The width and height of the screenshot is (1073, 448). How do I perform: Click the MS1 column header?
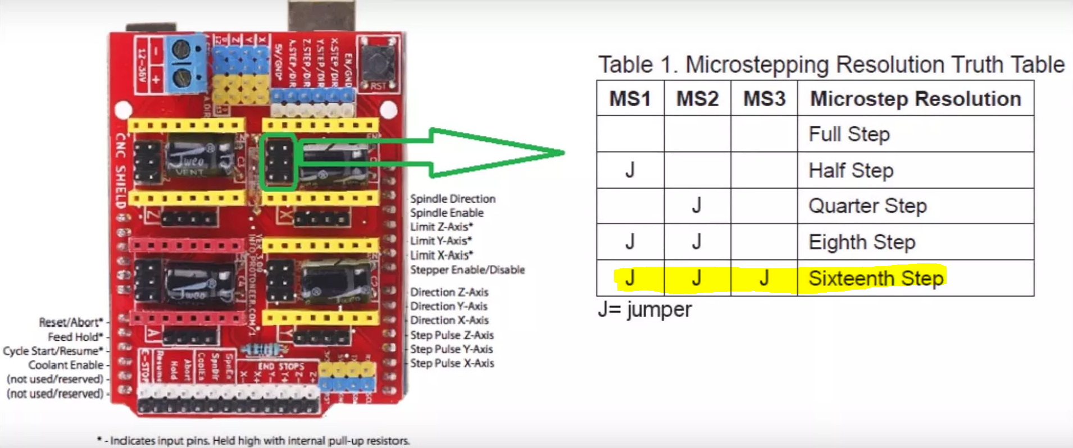coord(630,99)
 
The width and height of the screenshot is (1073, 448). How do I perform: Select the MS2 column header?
coord(697,99)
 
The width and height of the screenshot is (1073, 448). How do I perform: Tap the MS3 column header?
coord(764,99)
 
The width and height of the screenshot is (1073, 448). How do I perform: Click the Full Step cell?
coord(849,134)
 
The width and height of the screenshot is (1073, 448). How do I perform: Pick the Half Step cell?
coord(851,170)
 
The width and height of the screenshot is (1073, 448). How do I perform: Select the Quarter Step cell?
coord(867,206)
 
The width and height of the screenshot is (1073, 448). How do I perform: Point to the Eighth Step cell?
coord(862,242)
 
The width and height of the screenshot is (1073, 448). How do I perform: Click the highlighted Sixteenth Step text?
coord(875,278)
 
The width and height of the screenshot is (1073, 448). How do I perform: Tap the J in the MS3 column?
coord(764,278)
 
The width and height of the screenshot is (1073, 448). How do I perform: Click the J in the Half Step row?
coord(630,170)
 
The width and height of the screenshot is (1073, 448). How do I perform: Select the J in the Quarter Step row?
coord(697,206)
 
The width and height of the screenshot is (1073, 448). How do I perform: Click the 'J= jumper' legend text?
coord(644,309)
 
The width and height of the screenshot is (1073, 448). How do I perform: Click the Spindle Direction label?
coord(452,199)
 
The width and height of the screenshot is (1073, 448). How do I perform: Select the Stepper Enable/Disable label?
coord(467,270)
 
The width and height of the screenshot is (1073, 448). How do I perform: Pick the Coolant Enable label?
coord(66,365)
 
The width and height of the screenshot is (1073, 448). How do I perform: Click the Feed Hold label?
coord(75,337)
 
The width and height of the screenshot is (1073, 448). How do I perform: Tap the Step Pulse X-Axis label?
coord(452,363)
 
